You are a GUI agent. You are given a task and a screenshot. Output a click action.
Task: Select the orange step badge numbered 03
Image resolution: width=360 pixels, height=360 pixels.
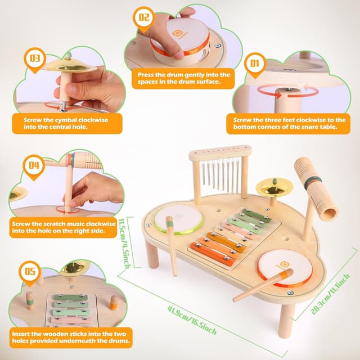click(x=35, y=58)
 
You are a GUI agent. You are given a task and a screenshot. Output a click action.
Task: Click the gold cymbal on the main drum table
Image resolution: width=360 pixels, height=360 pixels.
click(x=274, y=186)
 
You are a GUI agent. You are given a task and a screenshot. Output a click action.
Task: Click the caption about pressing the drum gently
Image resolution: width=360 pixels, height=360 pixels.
click(x=184, y=78)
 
